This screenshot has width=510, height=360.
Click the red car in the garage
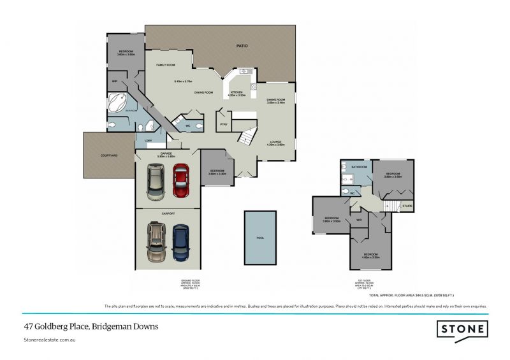pyautogui.click(x=180, y=180)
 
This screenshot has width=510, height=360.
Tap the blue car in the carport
pyautogui.click(x=180, y=242)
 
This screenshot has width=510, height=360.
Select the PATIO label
pyautogui.click(x=242, y=46)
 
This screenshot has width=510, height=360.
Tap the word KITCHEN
pyautogui.click(x=237, y=92)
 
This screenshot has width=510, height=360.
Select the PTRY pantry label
pyautogui.click(x=224, y=124)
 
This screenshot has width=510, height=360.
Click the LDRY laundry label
pyautogui.click(x=148, y=140)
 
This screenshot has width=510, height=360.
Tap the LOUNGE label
pyautogui.click(x=275, y=141)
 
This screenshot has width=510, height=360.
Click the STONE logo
pyautogui.click(x=462, y=329)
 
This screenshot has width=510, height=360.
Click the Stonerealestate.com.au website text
pyautogui.click(x=52, y=342)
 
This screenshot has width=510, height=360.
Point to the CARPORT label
pyautogui.click(x=168, y=213)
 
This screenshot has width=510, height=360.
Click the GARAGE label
pyautogui.click(x=166, y=154)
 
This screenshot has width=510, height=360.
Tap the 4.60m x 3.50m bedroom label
pyautogui.click(x=371, y=256)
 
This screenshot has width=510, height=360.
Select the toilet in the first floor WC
pyautogui.click(x=345, y=191)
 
